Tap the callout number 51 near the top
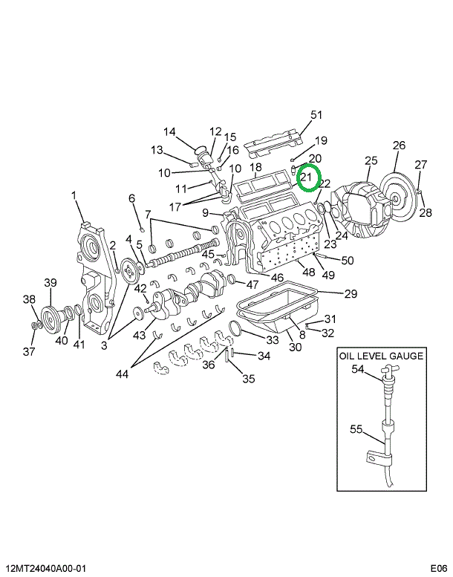316,115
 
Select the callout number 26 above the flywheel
399,146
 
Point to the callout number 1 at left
74,195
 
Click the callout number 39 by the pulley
50,282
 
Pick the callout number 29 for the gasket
351,293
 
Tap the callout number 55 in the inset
356,428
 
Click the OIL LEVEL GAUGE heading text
381,356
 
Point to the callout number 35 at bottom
248,378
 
